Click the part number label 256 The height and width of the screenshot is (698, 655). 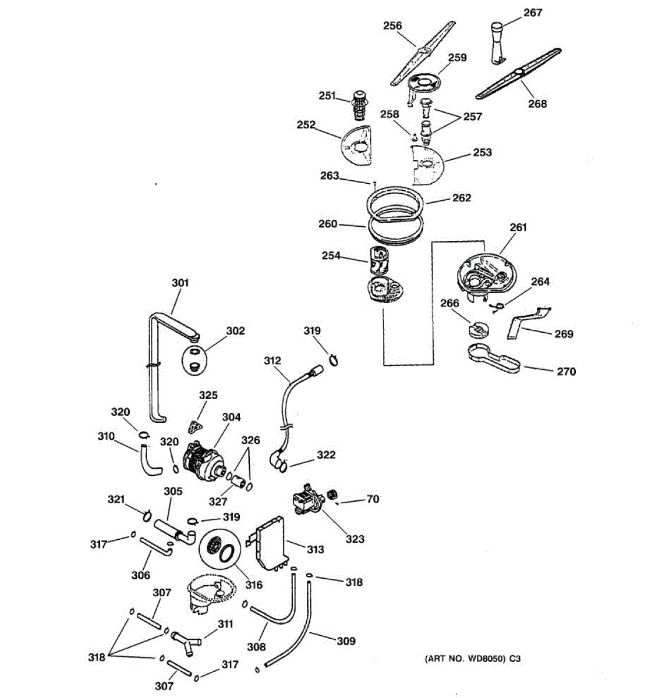click(392, 26)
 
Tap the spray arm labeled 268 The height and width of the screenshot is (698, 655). click(518, 74)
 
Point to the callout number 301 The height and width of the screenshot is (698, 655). click(180, 283)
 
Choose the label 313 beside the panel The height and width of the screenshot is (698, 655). click(315, 549)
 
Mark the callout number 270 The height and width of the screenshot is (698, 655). click(566, 371)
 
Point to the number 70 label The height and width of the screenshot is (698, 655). click(372, 498)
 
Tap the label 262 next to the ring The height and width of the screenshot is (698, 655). click(461, 198)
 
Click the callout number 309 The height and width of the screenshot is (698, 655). click(346, 641)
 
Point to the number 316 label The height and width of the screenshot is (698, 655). click(254, 585)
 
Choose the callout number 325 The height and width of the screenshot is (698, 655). click(208, 396)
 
